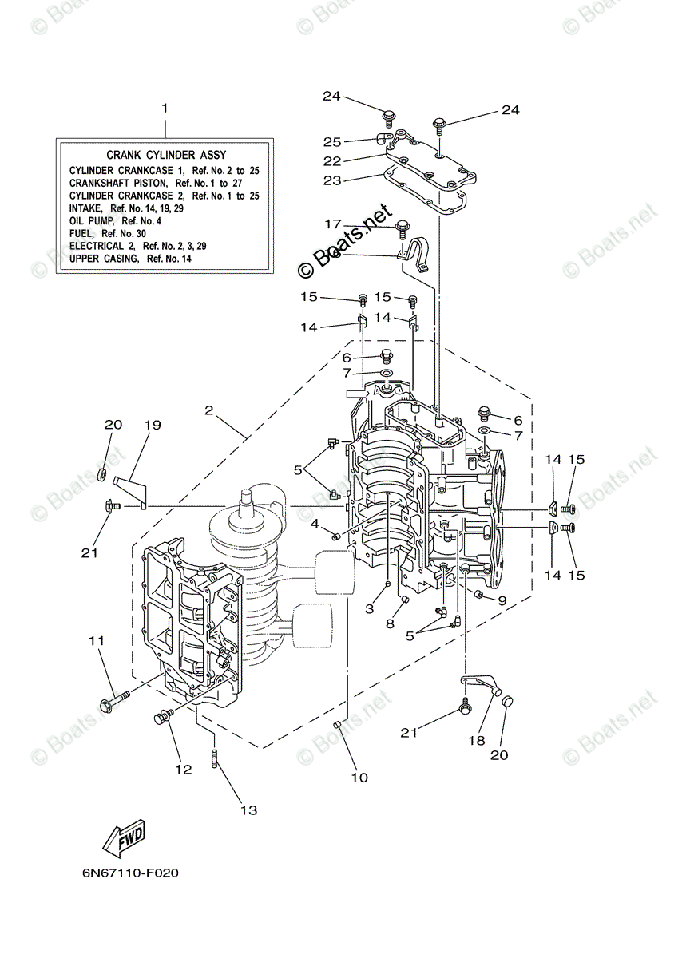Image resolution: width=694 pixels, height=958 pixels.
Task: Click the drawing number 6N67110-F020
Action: coord(129,872)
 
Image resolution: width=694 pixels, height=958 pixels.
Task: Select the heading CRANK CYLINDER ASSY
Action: coord(166,155)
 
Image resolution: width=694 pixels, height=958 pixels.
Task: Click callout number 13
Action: coord(249,810)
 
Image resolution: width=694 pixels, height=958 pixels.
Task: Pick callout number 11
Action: coord(97,640)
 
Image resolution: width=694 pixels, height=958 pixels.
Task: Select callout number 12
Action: coord(184,770)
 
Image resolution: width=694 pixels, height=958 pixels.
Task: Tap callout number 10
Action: coord(359,777)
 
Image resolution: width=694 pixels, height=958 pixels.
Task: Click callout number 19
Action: coord(153,425)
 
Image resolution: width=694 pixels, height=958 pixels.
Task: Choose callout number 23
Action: coord(332,180)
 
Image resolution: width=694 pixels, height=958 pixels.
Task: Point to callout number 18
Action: coord(476,740)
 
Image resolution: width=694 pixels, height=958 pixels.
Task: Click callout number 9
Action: coord(502,600)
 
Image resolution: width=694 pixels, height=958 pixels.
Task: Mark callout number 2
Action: coord(208,410)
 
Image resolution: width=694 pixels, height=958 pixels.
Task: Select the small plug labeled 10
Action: coord(338,724)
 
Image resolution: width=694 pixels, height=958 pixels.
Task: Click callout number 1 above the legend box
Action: coord(165,108)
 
